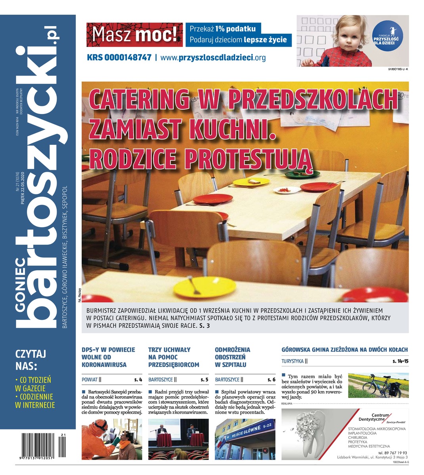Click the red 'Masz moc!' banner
point(135,35)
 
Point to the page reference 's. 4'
point(138,380)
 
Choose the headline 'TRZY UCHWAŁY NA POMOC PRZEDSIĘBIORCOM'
point(174,357)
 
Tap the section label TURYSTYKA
point(292,361)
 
